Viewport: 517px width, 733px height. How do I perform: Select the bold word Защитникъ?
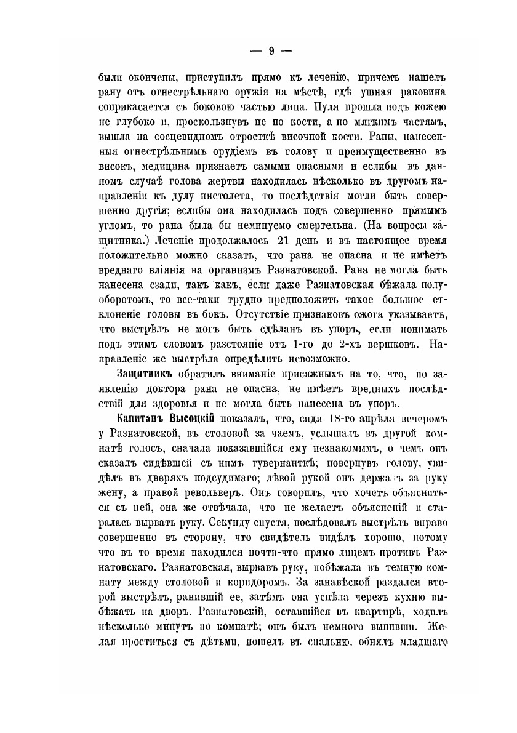(144, 374)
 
